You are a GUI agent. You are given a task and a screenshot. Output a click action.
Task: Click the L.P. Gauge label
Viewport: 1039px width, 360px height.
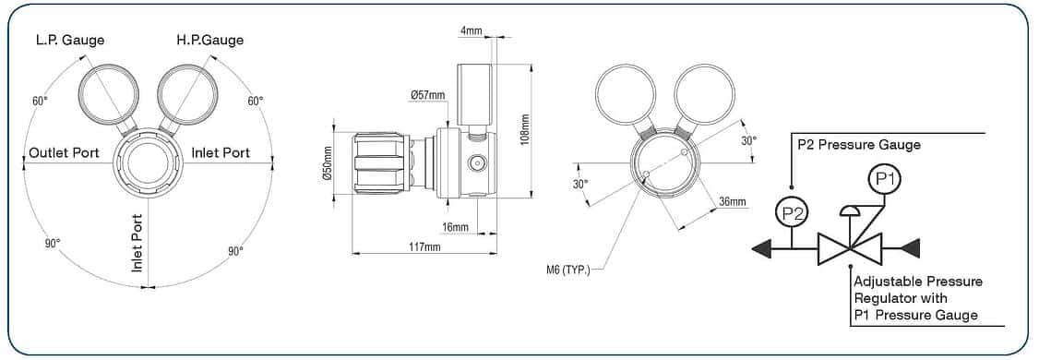(x=69, y=40)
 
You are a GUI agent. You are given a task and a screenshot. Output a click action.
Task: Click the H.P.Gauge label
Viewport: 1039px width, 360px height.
(x=210, y=40)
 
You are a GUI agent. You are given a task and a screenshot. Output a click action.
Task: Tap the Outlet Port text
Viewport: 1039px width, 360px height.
(x=65, y=153)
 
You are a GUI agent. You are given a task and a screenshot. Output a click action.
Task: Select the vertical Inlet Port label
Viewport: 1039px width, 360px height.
(x=137, y=243)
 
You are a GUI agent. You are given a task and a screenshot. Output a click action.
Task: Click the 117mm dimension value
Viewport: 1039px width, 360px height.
(x=424, y=247)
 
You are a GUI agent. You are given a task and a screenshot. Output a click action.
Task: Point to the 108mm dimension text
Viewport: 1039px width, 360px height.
(x=525, y=130)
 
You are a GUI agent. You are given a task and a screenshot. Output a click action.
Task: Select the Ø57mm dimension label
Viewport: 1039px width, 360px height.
(x=427, y=95)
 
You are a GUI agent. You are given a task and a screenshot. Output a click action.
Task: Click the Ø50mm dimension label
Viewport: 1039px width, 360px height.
(x=326, y=163)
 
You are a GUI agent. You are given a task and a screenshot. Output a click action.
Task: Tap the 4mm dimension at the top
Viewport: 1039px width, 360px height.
(x=472, y=30)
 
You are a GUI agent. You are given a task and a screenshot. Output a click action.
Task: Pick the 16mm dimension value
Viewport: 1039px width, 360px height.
(x=455, y=227)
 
